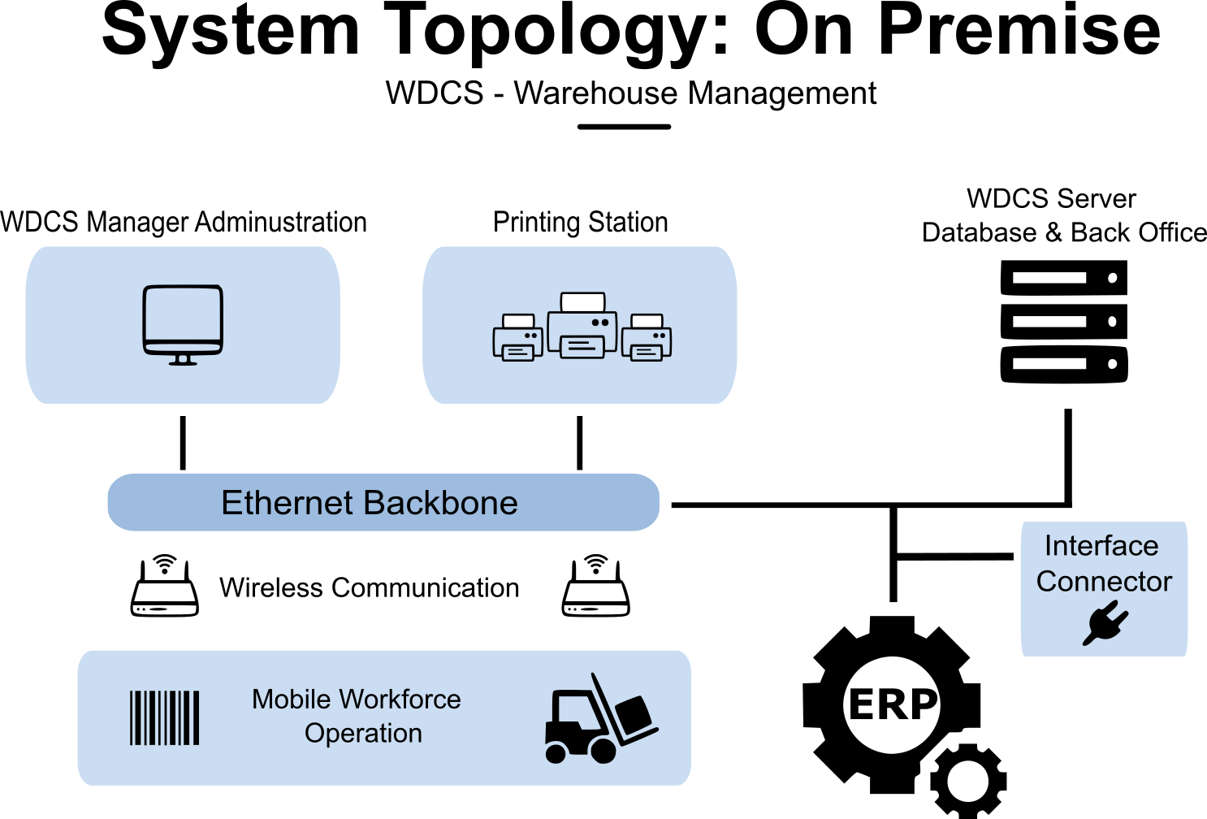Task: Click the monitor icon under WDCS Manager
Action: coord(183,323)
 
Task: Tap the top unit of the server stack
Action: coord(1063,278)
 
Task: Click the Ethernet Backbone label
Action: coord(370,503)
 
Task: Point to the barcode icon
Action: coord(165,717)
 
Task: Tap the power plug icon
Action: coord(1105,623)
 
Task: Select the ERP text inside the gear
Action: coord(892,704)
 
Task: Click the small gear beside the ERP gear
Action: coord(967,781)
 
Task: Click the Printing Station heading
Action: coord(581,222)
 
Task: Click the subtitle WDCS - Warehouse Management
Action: coord(631,93)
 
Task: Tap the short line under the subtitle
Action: coord(624,127)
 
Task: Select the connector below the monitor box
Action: coord(183,443)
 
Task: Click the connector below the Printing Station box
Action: coord(580,443)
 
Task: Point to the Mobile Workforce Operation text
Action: coord(357,716)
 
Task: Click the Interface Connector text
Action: coord(1103,563)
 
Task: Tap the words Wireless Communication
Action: coord(370,587)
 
